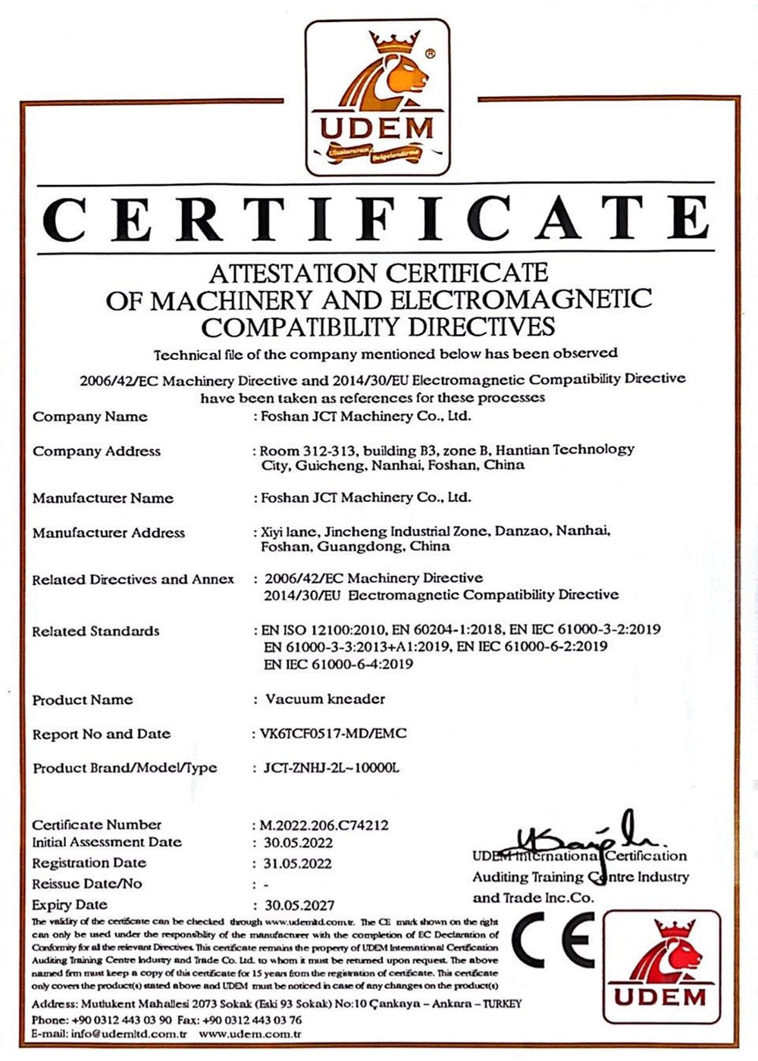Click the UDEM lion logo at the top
(377, 97)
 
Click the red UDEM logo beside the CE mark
(662, 966)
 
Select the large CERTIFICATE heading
(377, 218)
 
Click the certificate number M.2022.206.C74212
(324, 825)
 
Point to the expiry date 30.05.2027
(299, 905)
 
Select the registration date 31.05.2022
(298, 863)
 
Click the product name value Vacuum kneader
(325, 699)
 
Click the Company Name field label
(90, 417)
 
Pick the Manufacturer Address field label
(108, 533)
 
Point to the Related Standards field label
(96, 631)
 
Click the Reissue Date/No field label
(86, 884)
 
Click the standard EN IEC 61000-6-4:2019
(339, 664)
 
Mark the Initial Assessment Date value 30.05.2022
(299, 843)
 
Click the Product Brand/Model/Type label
(124, 768)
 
